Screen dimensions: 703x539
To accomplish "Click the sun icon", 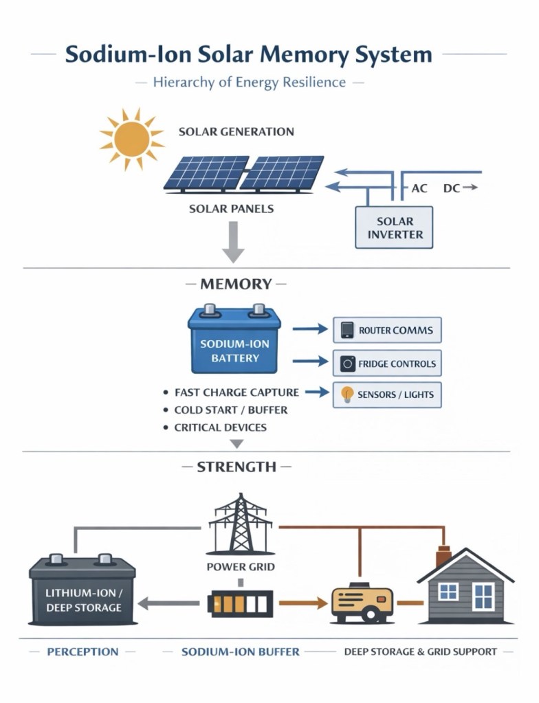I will click(131, 139).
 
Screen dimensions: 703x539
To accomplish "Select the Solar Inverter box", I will click(395, 227).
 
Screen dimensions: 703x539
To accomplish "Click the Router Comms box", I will click(387, 330).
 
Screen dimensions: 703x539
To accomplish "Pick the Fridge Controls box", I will click(387, 364).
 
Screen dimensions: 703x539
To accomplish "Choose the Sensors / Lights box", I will click(387, 396).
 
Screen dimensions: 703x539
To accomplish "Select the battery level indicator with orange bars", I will click(241, 604).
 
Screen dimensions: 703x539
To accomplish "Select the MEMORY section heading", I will click(236, 284).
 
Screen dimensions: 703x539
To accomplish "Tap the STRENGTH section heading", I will click(236, 467).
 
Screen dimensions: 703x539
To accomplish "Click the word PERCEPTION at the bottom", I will click(82, 651).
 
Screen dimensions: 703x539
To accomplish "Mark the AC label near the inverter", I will click(419, 188).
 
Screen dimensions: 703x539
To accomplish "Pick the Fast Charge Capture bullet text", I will click(236, 392).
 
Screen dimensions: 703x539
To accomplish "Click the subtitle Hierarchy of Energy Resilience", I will click(249, 82).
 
